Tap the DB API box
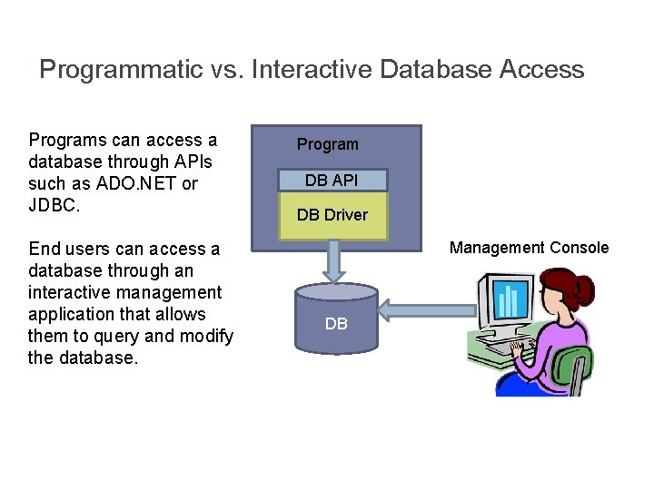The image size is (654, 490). pyautogui.click(x=332, y=180)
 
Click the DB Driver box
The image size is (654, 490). pyautogui.click(x=332, y=215)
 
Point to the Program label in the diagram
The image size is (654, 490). pyautogui.click(x=328, y=144)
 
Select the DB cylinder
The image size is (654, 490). pyautogui.click(x=336, y=321)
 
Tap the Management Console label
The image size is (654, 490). pyautogui.click(x=530, y=248)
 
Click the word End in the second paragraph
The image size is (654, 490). pyautogui.click(x=45, y=249)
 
